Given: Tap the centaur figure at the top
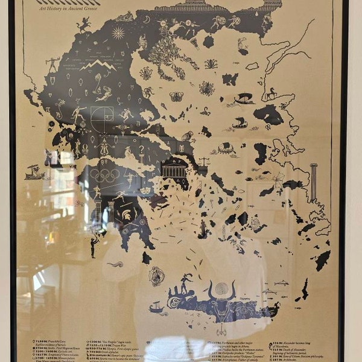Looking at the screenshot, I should point(83,25).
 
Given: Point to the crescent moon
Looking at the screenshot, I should point(147,20).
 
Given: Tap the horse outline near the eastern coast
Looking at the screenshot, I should point(270,94).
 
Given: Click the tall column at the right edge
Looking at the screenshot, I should point(313,182).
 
